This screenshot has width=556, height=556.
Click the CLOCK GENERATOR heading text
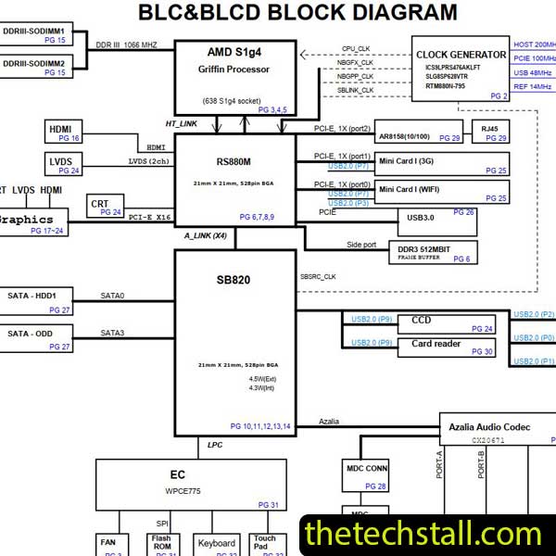[x=460, y=55]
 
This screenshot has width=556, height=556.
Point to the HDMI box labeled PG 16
[x=63, y=131]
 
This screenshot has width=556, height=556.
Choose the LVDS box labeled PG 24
[x=63, y=164]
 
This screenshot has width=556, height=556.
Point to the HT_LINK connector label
[x=182, y=124]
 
